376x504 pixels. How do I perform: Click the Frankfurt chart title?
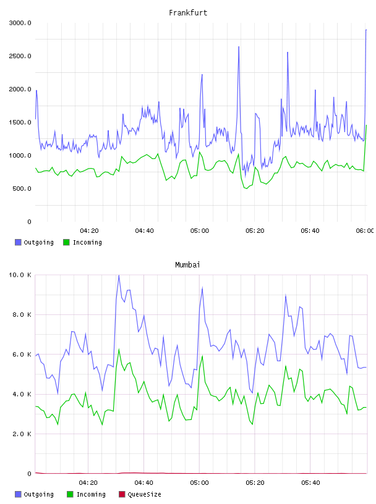(x=188, y=13)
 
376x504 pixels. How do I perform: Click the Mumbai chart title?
(x=187, y=265)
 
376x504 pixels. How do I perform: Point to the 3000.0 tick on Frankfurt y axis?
(x=20, y=23)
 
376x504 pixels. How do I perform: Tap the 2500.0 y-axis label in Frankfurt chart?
(x=20, y=56)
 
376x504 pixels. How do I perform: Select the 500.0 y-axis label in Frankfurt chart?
(x=22, y=188)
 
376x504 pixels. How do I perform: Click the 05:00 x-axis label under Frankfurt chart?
(x=200, y=231)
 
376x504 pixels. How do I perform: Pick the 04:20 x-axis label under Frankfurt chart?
(x=89, y=231)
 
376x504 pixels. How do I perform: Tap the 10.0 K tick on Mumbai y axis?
(x=20, y=275)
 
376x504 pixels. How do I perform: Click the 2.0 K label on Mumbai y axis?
(x=22, y=434)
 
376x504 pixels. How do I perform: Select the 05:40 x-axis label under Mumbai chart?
(x=310, y=483)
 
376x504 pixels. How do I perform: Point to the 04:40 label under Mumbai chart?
(x=144, y=483)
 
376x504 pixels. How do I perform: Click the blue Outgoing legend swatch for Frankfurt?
(x=18, y=242)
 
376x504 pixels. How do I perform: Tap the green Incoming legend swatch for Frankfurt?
(x=66, y=242)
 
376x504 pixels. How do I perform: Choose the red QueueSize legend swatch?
(x=122, y=494)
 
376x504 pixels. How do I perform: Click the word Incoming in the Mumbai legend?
(x=91, y=494)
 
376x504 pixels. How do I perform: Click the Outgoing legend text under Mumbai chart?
(x=38, y=494)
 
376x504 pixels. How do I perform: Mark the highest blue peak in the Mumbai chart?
(x=119, y=275)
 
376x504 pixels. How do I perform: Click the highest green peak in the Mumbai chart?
(x=119, y=350)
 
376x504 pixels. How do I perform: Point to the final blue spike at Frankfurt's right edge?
(x=366, y=30)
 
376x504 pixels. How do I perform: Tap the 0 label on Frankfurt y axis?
(x=29, y=222)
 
